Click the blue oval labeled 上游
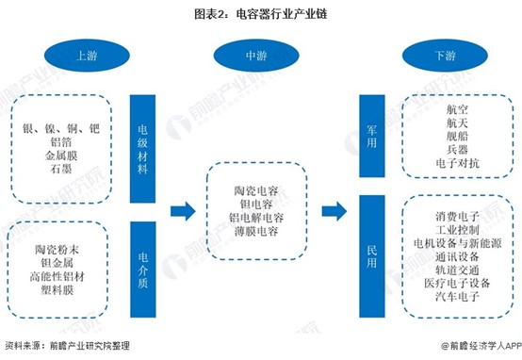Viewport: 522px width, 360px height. [x=87, y=56]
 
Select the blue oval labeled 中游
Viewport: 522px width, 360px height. [x=256, y=56]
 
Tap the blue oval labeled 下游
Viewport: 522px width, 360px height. [x=445, y=56]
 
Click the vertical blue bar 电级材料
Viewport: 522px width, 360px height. [x=142, y=149]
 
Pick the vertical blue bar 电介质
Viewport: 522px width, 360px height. [x=143, y=270]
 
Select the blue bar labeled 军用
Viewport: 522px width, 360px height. [x=372, y=136]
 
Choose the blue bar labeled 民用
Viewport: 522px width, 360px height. [x=372, y=256]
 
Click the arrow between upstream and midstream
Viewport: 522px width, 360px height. [x=183, y=211]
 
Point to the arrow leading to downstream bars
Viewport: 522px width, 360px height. [x=334, y=211]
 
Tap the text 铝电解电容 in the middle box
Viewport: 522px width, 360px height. [x=256, y=218]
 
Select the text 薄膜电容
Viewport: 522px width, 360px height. [x=256, y=231]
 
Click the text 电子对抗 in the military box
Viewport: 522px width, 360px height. [x=457, y=163]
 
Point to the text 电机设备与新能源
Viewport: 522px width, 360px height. [x=457, y=243]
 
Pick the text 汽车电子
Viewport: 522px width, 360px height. [x=457, y=296]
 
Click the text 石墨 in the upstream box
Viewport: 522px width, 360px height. [x=61, y=169]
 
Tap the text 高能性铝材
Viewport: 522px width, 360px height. [x=57, y=276]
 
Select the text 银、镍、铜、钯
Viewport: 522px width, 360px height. [x=61, y=128]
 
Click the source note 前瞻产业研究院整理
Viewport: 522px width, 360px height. [x=90, y=346]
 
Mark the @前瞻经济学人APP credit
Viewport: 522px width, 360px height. [x=481, y=346]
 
